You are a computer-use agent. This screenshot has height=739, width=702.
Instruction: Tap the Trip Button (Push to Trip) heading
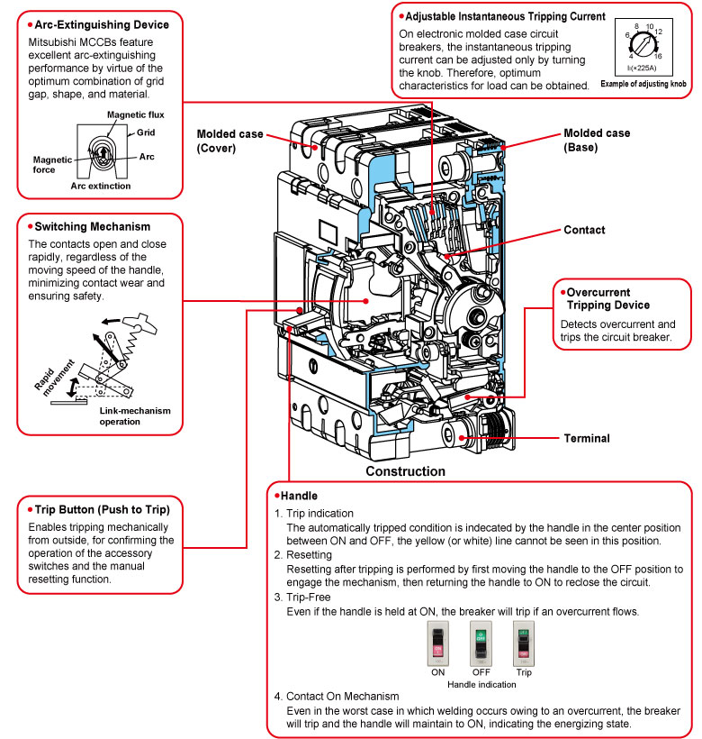(x=98, y=510)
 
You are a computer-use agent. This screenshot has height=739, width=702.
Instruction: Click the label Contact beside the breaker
(x=584, y=231)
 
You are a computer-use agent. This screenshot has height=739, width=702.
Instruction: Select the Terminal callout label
(x=587, y=438)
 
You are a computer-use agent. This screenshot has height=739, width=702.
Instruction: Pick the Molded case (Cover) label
(x=229, y=141)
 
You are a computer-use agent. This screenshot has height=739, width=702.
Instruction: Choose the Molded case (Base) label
(x=597, y=140)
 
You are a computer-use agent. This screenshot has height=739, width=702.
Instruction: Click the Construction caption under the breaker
(x=405, y=471)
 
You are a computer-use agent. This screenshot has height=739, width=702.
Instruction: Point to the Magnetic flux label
(x=135, y=115)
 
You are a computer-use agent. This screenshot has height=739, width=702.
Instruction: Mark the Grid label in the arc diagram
(x=146, y=132)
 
